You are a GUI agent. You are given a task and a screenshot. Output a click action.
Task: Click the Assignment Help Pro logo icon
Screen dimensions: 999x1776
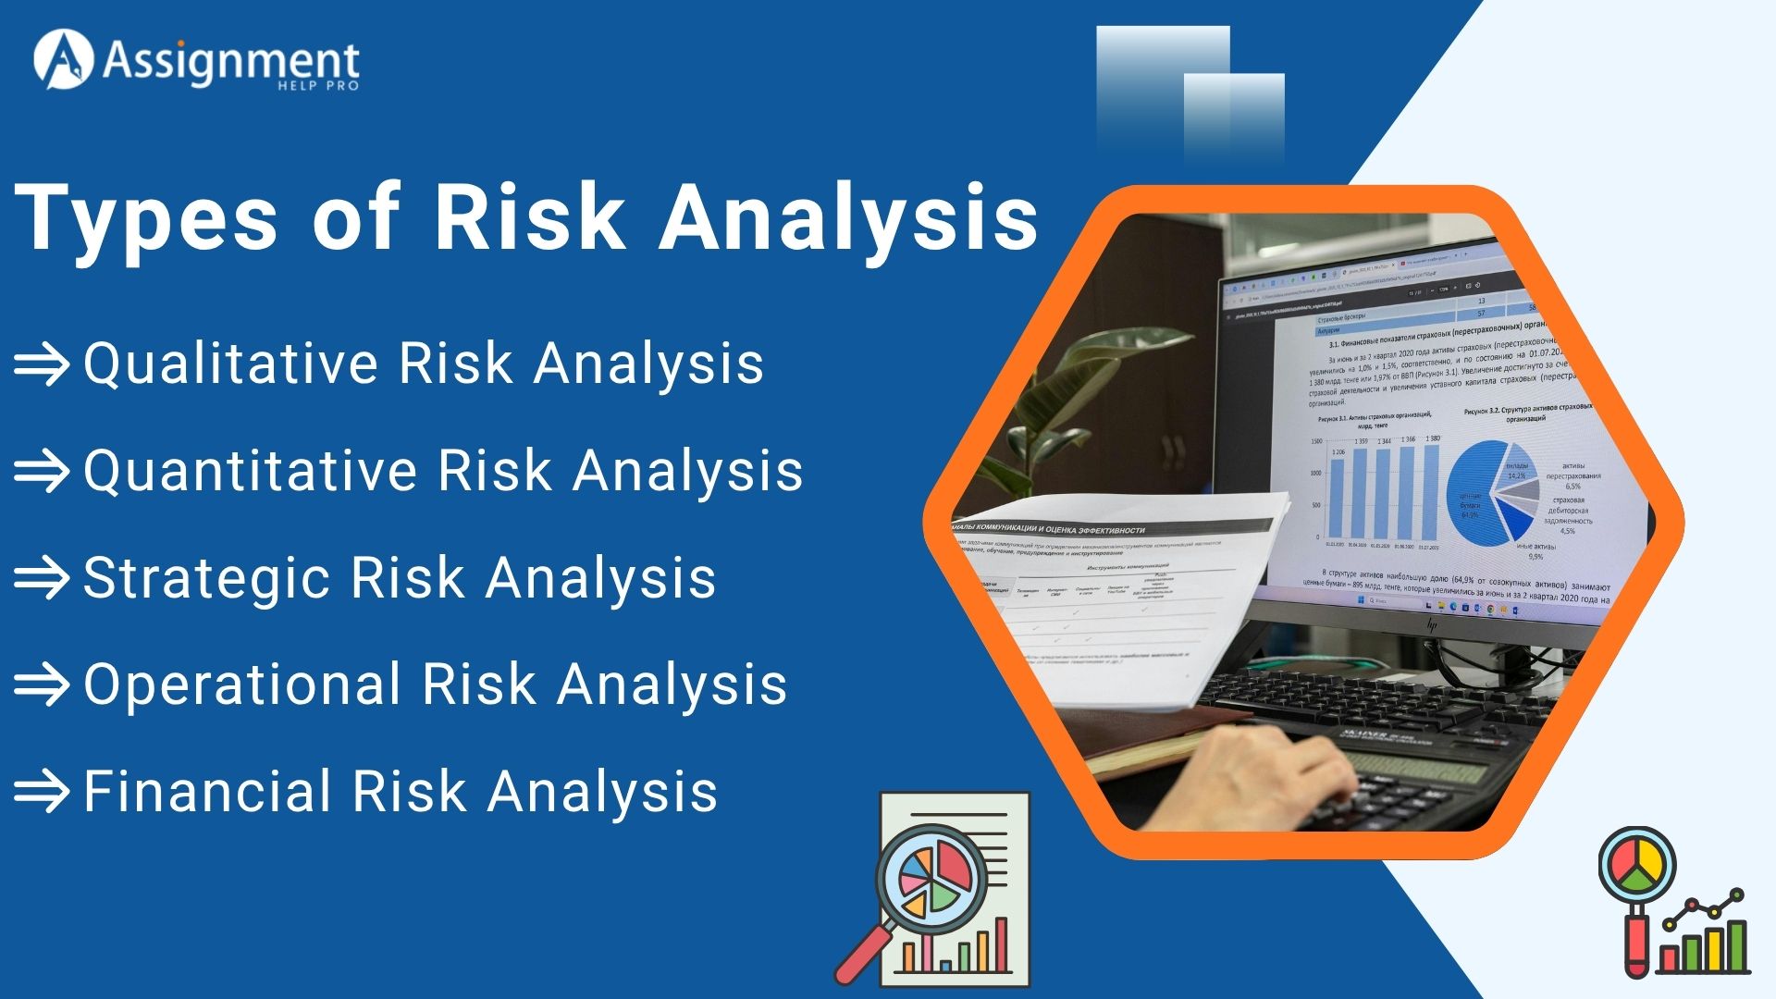[x=63, y=61]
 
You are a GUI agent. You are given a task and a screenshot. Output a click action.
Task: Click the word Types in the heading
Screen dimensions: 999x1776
[x=146, y=218]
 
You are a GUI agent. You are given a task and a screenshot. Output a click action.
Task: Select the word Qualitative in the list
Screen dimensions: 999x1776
[x=231, y=363]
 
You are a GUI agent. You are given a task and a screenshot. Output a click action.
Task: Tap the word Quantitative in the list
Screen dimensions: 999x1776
[x=251, y=470]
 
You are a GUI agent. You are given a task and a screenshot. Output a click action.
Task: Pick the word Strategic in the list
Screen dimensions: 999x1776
[x=206, y=577]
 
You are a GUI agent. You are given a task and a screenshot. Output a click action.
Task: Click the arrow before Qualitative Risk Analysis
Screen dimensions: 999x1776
[x=42, y=364]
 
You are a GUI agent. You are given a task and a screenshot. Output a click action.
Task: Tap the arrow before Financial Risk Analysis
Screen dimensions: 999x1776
[x=42, y=793]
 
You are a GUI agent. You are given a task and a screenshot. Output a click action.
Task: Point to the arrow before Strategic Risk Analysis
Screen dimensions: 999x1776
[x=42, y=578]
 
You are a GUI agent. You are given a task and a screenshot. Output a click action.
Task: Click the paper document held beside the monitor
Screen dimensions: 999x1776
[x=1110, y=592]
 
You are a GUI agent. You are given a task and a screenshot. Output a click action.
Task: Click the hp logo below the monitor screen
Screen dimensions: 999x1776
[x=1432, y=625]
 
